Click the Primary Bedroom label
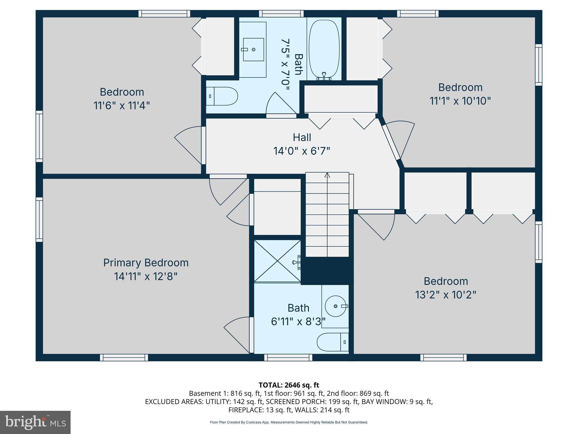[x=146, y=263]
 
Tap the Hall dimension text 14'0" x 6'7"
[x=301, y=151]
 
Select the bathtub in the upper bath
[x=324, y=49]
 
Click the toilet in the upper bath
[x=222, y=96]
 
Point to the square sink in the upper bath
[x=253, y=49]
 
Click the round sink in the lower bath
[x=336, y=306]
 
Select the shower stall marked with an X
[x=277, y=261]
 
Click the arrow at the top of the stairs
[x=327, y=175]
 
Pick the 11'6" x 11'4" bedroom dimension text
[x=121, y=106]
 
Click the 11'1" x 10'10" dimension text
[x=460, y=101]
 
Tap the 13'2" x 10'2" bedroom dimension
[x=445, y=295]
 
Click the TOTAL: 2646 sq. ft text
[x=289, y=385]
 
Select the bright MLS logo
[x=35, y=422]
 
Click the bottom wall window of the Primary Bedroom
[x=124, y=357]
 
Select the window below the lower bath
[x=288, y=357]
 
